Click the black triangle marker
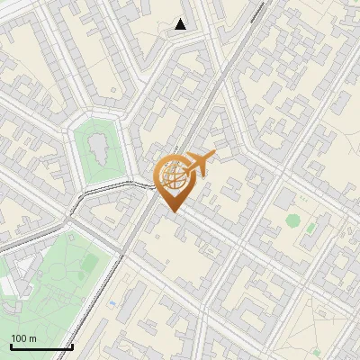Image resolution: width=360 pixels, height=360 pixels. pos(181,24)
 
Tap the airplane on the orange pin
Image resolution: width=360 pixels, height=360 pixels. pos(199,162)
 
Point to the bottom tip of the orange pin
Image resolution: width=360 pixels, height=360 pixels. pos(173,211)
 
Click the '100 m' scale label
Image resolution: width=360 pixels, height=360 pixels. pos(23,338)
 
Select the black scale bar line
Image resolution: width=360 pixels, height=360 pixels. pos(41,346)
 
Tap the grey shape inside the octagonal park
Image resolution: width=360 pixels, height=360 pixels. pos(98,147)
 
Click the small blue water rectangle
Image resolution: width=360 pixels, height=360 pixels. pos(112,304)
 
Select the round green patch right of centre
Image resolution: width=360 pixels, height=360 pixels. pos(292,220)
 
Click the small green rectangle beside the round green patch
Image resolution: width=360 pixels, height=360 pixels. pos(310,228)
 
